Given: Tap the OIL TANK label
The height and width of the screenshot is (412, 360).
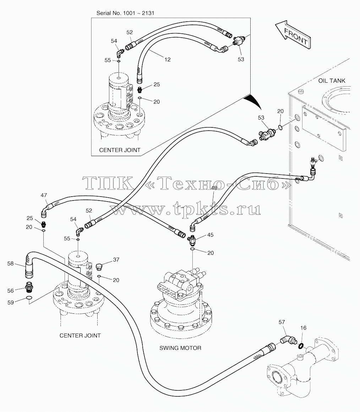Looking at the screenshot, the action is coord(332,81).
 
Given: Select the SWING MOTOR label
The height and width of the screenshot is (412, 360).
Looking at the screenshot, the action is coord(180,348).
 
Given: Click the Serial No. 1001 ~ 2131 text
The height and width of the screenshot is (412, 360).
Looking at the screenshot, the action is coord(125,13).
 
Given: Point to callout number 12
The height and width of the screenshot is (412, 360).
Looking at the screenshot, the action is coord(168,60).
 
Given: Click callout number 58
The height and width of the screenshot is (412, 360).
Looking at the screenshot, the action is coord(10,263).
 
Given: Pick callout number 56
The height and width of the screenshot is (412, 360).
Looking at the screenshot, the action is coord(11,291).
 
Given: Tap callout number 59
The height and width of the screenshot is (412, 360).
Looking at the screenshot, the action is coord(11,302).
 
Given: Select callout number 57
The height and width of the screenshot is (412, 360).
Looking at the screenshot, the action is coord(282,322).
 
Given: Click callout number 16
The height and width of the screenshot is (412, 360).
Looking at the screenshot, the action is coord(303,328).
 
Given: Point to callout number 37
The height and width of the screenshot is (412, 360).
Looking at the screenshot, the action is coord(116,260).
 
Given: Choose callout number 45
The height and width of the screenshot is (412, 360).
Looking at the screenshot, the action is coord(211,235).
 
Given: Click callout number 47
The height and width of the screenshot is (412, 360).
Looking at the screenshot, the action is coord(44,195).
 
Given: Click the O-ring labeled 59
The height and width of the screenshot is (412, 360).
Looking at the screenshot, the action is coord(29,298).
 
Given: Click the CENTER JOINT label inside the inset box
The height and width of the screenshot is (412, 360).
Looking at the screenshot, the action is coord(120,150).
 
